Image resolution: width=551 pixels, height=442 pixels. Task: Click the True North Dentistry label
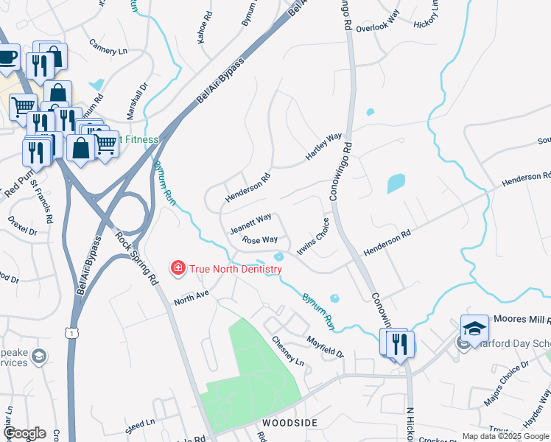click(236, 269)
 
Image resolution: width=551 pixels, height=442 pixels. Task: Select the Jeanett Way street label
click(250, 223)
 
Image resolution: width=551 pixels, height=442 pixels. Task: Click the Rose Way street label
click(260, 240)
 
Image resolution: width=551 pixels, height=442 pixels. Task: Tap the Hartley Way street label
click(324, 148)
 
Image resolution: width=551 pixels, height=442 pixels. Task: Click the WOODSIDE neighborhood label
click(289, 423)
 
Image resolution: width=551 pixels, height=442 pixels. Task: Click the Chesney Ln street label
click(287, 351)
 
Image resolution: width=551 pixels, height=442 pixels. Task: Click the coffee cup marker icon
click(7, 57)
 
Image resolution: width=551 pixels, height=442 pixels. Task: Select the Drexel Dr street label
click(22, 225)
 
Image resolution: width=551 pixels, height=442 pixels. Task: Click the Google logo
click(24, 433)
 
